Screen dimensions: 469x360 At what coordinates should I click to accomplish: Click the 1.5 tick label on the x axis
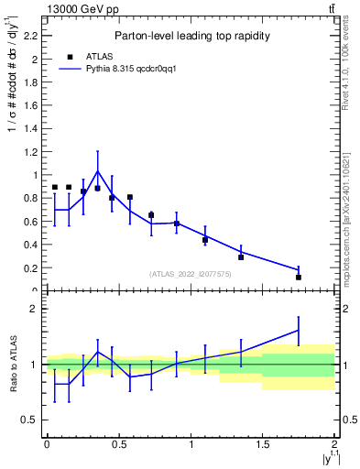[x=263, y=444]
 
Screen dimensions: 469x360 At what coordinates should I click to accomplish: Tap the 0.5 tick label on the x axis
[x=118, y=444]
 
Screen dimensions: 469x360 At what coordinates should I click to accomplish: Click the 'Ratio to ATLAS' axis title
[x=12, y=364]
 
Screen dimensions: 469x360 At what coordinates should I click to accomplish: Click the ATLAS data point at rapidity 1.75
[x=299, y=277]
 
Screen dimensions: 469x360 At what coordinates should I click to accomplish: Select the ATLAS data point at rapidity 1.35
[x=241, y=257]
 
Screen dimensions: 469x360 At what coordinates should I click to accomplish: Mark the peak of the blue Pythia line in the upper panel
[x=98, y=171]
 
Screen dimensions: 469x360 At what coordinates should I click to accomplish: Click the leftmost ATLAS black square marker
[x=55, y=187]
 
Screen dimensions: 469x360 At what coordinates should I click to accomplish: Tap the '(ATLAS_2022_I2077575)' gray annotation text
[x=191, y=274]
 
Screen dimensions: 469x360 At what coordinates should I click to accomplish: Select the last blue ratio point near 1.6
[x=299, y=330]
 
